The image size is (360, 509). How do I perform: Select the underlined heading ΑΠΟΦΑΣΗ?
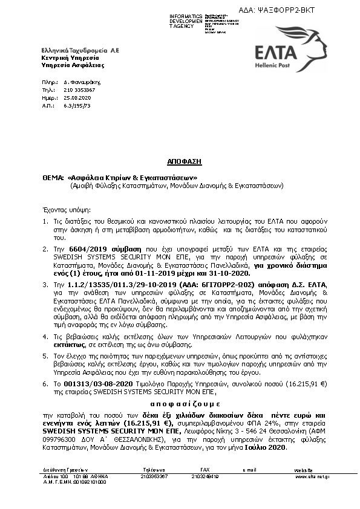pyautogui.click(x=183, y=162)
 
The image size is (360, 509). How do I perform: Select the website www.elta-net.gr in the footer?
pyautogui.click(x=312, y=476)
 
